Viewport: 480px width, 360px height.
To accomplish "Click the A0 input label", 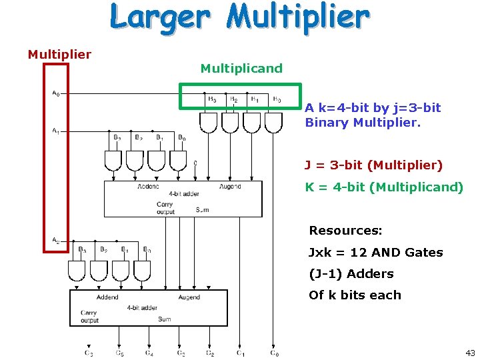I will [55, 93].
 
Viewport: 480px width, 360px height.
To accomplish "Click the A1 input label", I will [55, 131].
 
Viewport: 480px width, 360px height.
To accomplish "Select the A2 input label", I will [55, 240].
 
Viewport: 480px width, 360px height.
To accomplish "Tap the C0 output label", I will [274, 353].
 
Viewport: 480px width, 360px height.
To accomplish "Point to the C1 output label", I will [241, 353].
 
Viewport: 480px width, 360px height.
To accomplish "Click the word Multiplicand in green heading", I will [241, 68].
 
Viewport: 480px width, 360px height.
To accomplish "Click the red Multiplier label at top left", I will [59, 54].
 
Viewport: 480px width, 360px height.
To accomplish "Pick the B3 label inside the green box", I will [212, 99].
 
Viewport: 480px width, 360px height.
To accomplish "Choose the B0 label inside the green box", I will [277, 99].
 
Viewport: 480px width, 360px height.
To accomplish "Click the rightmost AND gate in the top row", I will [273, 123].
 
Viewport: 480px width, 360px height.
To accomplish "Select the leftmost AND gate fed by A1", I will [113, 160].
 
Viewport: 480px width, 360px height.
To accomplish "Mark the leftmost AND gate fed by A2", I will [77, 270].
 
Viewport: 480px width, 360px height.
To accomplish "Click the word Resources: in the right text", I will [345, 231].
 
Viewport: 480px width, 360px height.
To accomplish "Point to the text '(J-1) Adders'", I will [351, 273].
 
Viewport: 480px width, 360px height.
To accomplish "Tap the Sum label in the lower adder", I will [164, 319].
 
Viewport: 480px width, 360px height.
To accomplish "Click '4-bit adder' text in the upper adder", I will [183, 194].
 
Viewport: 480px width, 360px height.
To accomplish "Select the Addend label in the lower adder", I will [107, 297].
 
